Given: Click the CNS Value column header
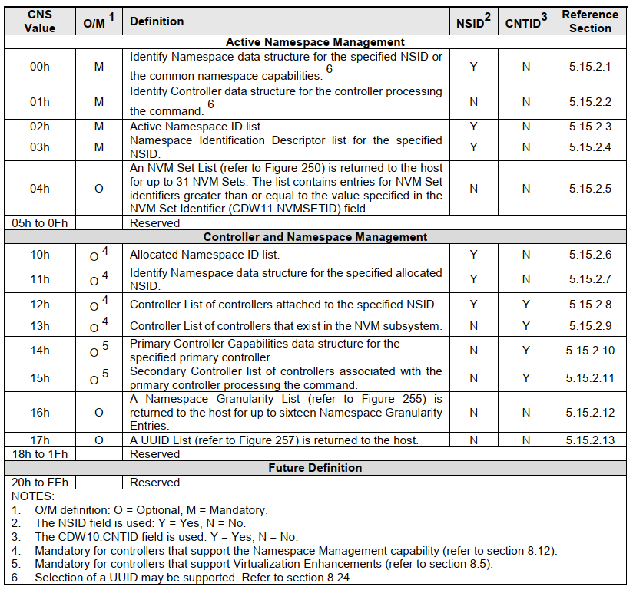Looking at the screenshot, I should pos(40,21).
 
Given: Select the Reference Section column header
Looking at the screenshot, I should pos(590,21).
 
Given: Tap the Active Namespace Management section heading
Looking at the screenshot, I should pos(315,42).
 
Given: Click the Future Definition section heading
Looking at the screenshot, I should pos(315,467).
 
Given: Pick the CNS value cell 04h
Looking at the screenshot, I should pos(40,188).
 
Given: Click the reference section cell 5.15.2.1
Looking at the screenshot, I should pos(590,67).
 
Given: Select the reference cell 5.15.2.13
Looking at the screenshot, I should pos(590,440).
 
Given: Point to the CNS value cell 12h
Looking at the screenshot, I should pos(40,305).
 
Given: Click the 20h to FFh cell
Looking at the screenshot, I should pos(40,483).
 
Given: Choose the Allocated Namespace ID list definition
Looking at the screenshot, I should pos(204,255).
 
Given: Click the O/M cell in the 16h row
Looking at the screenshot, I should pos(98,412).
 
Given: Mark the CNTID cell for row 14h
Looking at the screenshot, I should pos(526,351).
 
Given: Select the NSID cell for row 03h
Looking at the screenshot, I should pos(473,147).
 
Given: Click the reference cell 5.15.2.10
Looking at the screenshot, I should pos(590,351).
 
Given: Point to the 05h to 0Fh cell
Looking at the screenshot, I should pos(40,223).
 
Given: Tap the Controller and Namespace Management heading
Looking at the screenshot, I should pos(315,237).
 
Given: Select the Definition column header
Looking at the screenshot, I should pos(157,21).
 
